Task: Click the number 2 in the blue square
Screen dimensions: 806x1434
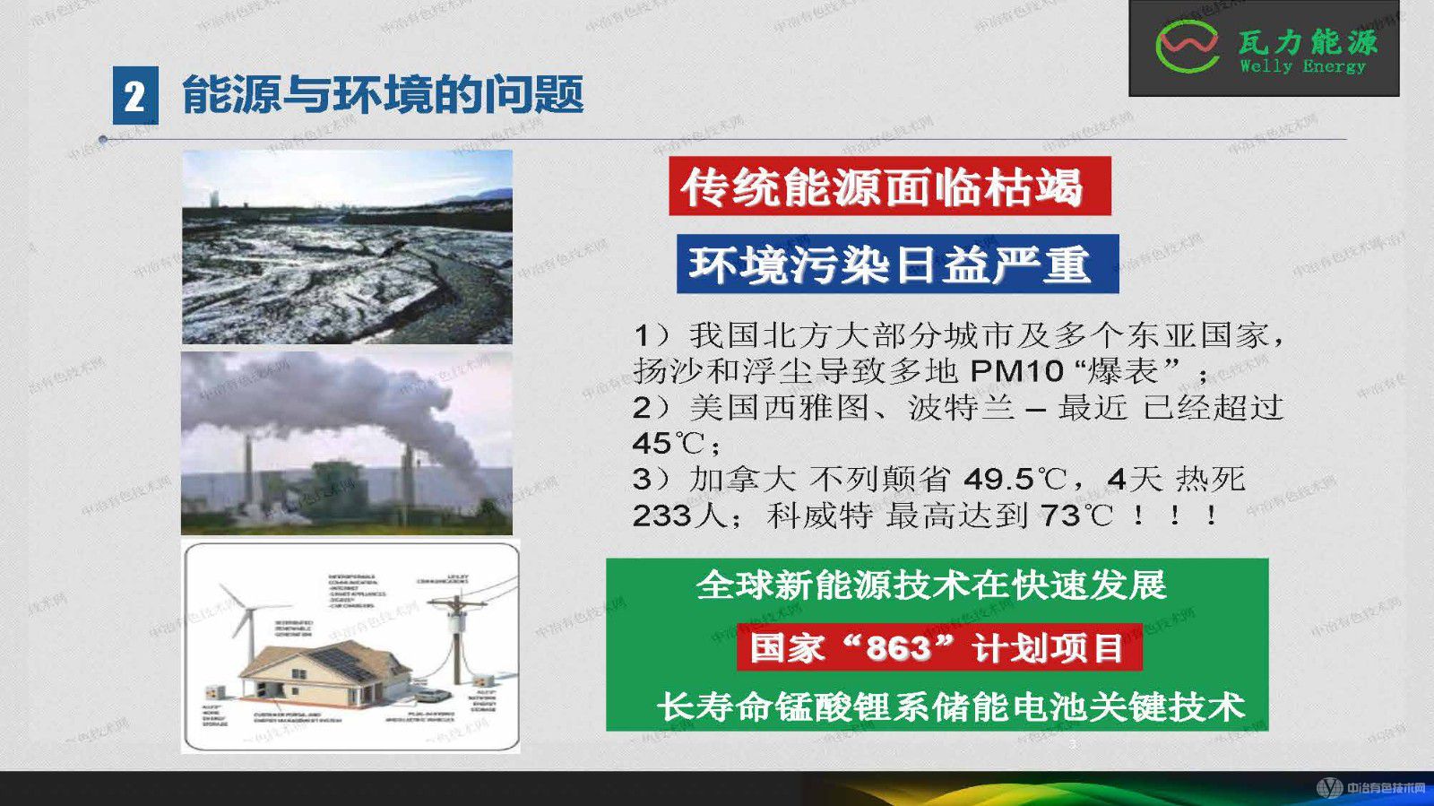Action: (x=134, y=96)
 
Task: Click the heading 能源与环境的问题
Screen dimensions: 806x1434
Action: (x=383, y=95)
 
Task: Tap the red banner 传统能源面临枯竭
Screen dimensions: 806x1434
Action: (x=889, y=186)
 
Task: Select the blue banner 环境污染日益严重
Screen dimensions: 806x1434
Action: (x=897, y=264)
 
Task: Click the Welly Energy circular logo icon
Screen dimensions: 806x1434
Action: (x=1187, y=47)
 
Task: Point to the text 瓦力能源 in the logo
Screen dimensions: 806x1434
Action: (x=1308, y=41)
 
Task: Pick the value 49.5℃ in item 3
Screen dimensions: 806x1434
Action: (x=1015, y=480)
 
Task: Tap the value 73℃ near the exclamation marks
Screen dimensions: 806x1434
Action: (x=1076, y=516)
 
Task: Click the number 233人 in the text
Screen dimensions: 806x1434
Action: (x=668, y=516)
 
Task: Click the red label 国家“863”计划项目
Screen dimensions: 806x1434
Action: (x=938, y=647)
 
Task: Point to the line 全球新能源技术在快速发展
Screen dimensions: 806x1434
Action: (x=931, y=585)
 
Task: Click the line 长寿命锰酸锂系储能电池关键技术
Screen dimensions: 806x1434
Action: (x=951, y=706)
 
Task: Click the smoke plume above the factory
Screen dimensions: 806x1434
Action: (x=376, y=394)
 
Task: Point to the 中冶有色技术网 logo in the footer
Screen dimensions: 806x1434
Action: (x=1370, y=788)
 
